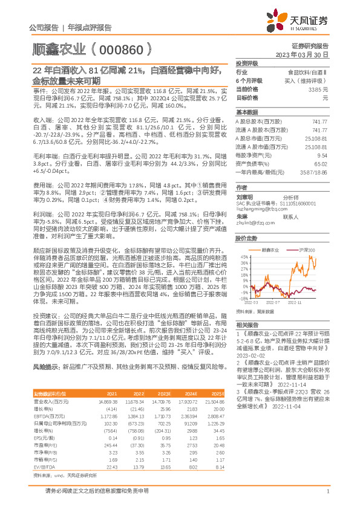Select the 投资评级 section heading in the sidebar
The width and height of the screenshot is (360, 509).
tap(247, 63)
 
